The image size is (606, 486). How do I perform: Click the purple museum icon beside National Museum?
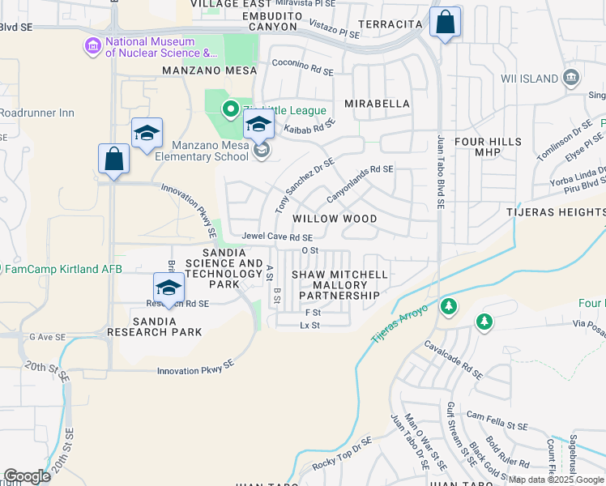(x=92, y=48)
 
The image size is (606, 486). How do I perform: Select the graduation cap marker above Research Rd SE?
(x=169, y=288)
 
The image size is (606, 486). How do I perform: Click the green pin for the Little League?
(x=230, y=108)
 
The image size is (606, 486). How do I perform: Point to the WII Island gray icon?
(x=572, y=79)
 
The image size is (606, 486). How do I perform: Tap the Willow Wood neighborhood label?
(x=335, y=219)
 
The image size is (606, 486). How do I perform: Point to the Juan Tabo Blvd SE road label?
(x=442, y=172)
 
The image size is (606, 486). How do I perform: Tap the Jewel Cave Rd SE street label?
(x=277, y=237)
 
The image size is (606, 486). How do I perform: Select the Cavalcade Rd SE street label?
(x=454, y=359)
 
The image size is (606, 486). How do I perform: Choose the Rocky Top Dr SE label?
(x=341, y=453)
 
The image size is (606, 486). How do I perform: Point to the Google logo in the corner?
(x=27, y=476)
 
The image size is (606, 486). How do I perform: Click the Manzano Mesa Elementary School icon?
(x=261, y=151)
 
